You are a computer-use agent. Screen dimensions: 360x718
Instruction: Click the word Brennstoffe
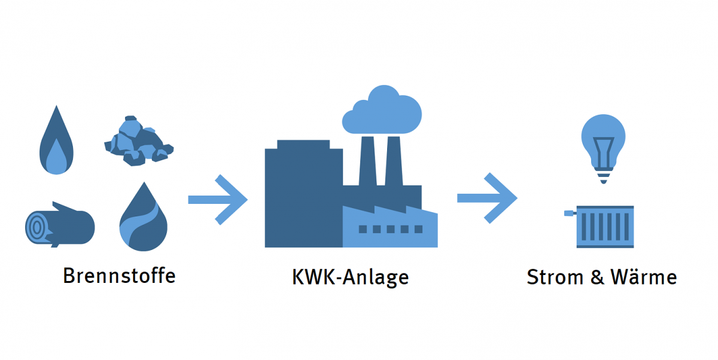[x=119, y=276]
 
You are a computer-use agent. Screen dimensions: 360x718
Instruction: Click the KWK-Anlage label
[x=350, y=277]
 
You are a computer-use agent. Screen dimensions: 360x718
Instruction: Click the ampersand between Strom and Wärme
[x=600, y=278]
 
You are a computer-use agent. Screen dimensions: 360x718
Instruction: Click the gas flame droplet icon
[x=57, y=142]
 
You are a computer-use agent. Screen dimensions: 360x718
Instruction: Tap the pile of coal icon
[x=138, y=141]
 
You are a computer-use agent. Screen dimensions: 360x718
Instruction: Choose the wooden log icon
[x=60, y=225]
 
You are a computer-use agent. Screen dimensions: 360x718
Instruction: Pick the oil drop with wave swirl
[x=144, y=218]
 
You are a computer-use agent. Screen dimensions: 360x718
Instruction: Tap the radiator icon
[x=604, y=226]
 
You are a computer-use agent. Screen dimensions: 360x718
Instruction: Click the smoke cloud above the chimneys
[x=383, y=111]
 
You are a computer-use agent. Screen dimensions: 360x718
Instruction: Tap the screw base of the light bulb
[x=604, y=177]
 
